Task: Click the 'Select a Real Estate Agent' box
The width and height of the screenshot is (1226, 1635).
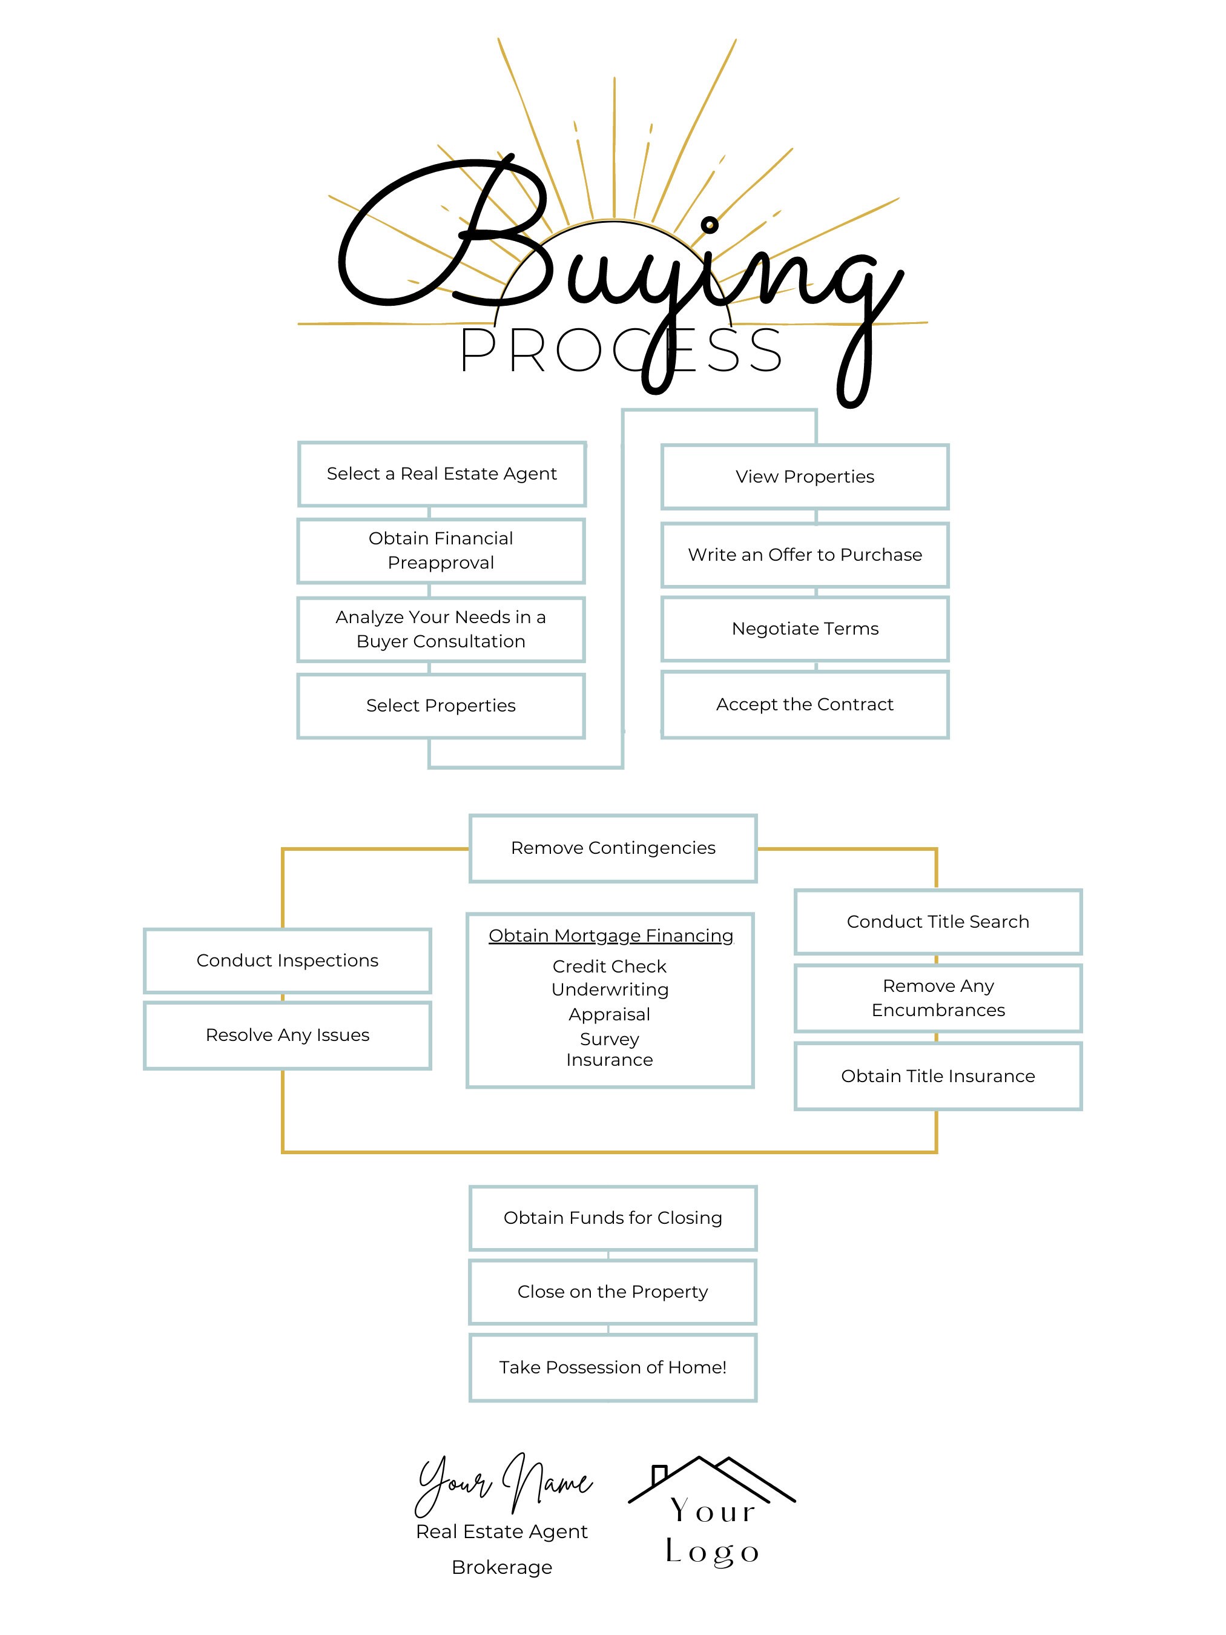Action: click(x=441, y=474)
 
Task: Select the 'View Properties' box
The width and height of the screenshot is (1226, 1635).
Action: click(x=804, y=477)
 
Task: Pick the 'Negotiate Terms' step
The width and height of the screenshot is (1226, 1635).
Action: click(x=804, y=629)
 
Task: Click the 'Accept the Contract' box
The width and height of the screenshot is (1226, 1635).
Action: click(x=804, y=704)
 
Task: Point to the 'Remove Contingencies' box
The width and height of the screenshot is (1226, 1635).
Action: click(x=613, y=848)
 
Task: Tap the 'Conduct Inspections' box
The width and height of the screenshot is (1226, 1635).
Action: click(x=287, y=960)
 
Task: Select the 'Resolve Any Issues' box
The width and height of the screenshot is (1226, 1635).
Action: click(x=287, y=1035)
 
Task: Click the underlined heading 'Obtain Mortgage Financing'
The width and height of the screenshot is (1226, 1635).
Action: click(x=610, y=936)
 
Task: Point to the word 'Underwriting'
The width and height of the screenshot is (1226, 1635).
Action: click(x=610, y=989)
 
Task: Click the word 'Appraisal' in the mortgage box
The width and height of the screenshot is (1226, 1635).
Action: click(x=610, y=1014)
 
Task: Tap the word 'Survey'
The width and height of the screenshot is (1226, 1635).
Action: click(x=610, y=1039)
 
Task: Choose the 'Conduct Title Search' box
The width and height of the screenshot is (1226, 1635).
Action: click(x=938, y=922)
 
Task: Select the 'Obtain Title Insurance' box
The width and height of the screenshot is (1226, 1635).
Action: click(x=938, y=1076)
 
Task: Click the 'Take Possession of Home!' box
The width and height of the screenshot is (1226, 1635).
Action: click(x=613, y=1367)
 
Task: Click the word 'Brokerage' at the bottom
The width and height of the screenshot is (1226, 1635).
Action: click(x=502, y=1567)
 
